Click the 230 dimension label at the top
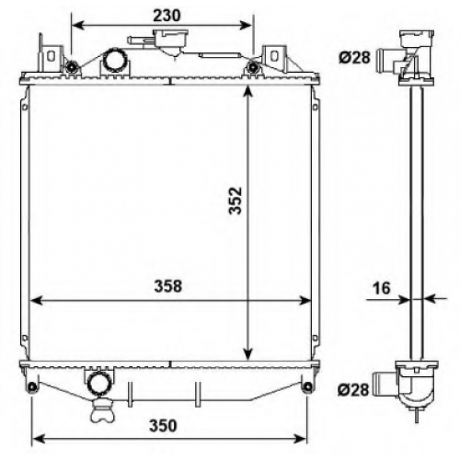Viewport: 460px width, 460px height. click(x=167, y=16)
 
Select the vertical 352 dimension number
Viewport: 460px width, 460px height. click(x=236, y=201)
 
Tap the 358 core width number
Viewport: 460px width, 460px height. click(x=167, y=286)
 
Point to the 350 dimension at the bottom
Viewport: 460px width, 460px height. click(x=163, y=426)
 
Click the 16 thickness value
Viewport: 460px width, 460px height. click(x=382, y=288)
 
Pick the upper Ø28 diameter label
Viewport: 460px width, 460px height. click(x=354, y=57)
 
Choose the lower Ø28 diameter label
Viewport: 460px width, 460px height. click(x=353, y=390)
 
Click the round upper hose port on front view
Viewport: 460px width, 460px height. click(x=115, y=60)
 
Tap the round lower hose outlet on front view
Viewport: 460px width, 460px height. click(x=99, y=383)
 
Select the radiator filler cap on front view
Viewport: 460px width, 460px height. click(x=170, y=40)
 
